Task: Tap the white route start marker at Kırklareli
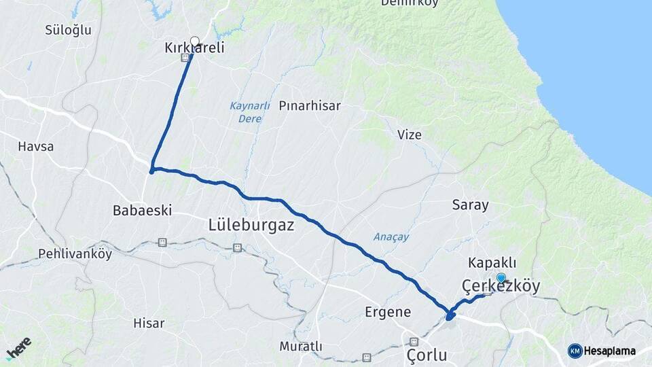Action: tap(195, 41)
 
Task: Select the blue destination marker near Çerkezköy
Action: tap(501, 277)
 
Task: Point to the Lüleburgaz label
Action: tap(251, 225)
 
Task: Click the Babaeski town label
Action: tap(141, 211)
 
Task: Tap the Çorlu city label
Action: tap(427, 355)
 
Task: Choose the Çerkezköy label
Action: tap(501, 287)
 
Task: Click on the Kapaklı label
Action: tap(492, 263)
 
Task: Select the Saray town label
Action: tap(471, 205)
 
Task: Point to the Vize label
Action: tap(410, 135)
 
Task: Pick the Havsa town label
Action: tap(35, 146)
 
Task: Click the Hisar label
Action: tap(149, 324)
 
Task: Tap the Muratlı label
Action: tap(301, 347)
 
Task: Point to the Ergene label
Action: tap(388, 312)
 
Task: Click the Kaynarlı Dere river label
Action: tap(249, 112)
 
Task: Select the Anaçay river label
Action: tap(391, 237)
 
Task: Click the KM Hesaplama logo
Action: tap(602, 351)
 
